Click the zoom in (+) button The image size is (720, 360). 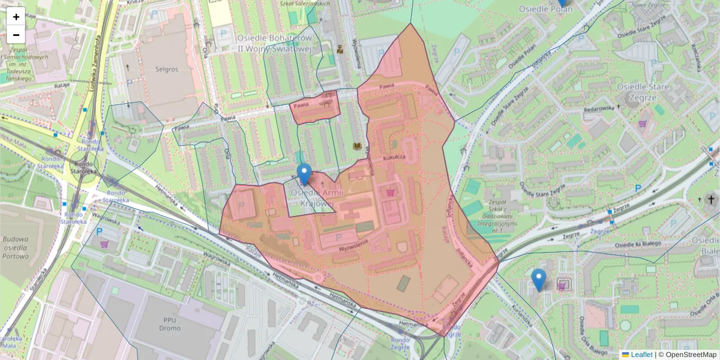point(16,17)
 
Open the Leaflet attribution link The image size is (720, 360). point(641,355)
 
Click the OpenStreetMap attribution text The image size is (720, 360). point(690,355)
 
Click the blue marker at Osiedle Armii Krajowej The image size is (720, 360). point(304,174)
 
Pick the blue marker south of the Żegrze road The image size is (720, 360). point(539,280)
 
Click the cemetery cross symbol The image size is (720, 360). point(712,200)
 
